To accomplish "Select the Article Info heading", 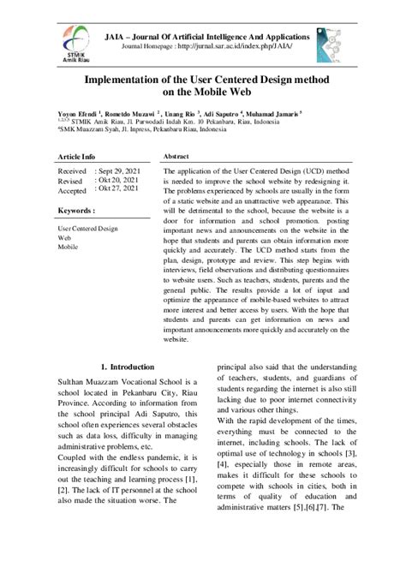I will click(77, 158).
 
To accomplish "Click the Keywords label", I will click(76, 208).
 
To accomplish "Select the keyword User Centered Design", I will click(87, 229).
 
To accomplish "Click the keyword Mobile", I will click(69, 247).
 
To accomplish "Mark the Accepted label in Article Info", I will click(74, 192).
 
